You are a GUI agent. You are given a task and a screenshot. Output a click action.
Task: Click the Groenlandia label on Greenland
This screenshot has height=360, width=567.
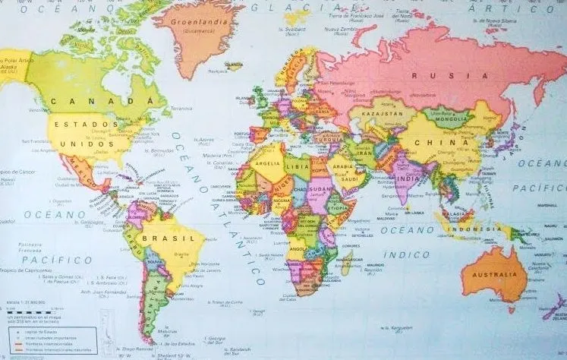(x=201, y=24)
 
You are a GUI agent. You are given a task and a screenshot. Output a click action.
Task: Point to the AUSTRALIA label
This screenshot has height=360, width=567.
(x=494, y=274)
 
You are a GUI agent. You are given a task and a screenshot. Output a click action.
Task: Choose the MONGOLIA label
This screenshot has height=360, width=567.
(x=450, y=118)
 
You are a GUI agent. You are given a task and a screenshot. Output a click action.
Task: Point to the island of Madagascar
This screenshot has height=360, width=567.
(x=348, y=263)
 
